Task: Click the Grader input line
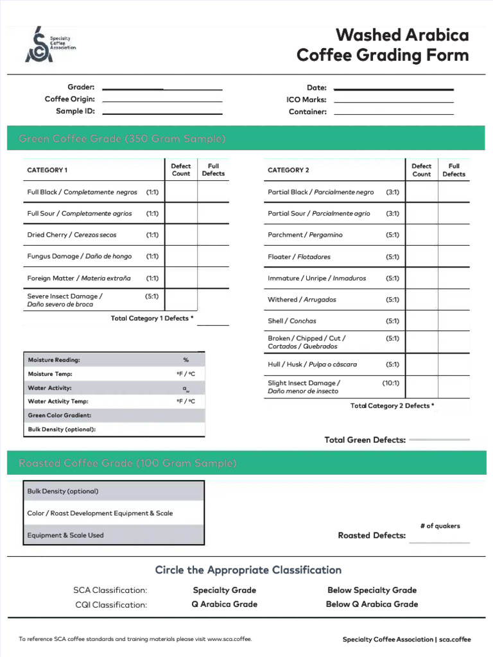tap(162, 88)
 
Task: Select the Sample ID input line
tap(162, 112)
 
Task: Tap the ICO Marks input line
tap(394, 101)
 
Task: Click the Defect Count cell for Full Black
tap(181, 192)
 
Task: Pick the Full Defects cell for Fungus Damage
tap(213, 256)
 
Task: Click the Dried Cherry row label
tap(72, 235)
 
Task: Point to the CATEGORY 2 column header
tap(288, 170)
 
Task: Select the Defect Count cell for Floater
tap(422, 257)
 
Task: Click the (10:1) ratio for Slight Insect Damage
tap(390, 383)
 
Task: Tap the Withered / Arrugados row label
tap(302, 300)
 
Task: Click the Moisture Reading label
tap(54, 360)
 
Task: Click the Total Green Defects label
tap(365, 440)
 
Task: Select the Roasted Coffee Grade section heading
tap(128, 463)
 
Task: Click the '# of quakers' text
tap(440, 526)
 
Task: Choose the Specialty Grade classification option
tap(224, 590)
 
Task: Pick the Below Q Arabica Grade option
tap(372, 604)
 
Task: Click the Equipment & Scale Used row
tap(114, 535)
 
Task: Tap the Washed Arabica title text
tap(402, 35)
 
